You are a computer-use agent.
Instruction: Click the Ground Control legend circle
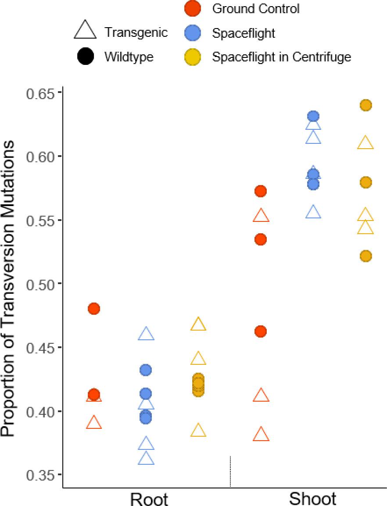(193, 8)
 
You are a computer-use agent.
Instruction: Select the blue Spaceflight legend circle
(193, 33)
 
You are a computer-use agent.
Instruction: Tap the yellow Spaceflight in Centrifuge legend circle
(193, 57)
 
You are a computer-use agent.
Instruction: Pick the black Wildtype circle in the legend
(85, 57)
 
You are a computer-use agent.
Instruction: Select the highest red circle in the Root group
(94, 309)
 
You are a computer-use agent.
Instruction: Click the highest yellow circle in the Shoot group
(365, 105)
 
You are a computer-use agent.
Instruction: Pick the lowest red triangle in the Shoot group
(261, 435)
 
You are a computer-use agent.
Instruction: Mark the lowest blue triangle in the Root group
(146, 459)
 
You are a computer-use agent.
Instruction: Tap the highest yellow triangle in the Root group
(198, 324)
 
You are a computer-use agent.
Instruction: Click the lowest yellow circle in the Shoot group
(365, 256)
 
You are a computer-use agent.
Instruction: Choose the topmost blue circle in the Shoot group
(313, 116)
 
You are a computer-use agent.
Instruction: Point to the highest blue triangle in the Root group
(146, 335)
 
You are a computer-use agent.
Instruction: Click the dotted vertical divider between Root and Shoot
(230, 471)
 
